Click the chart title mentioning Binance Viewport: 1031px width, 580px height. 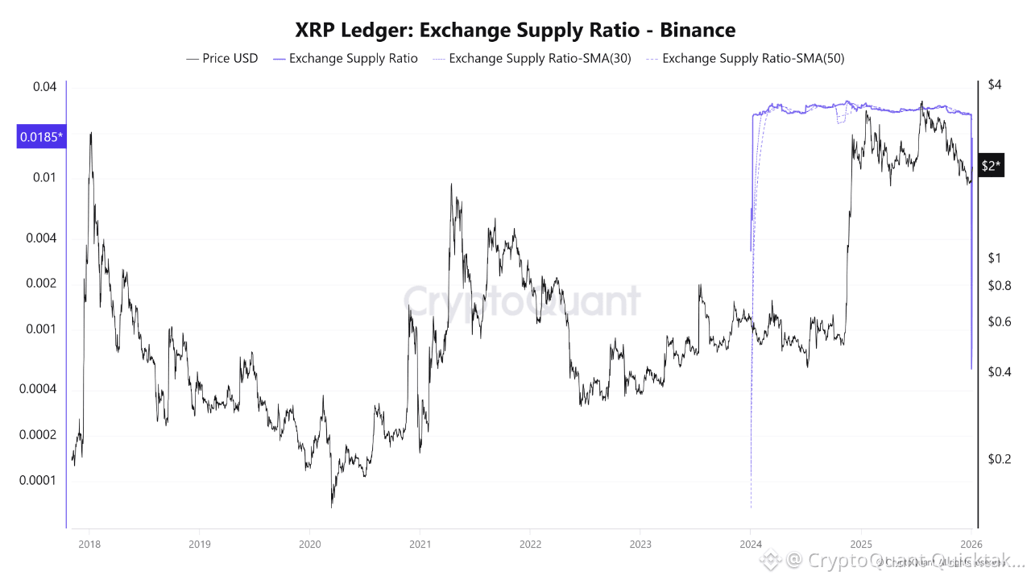coord(515,31)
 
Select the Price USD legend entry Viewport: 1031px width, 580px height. coord(222,58)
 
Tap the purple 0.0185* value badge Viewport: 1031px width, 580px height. coord(39,137)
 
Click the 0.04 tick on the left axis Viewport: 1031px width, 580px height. coord(46,87)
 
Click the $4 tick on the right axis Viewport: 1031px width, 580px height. coord(994,86)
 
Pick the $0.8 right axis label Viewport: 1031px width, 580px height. coord(999,285)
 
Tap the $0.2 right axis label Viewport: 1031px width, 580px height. coord(999,459)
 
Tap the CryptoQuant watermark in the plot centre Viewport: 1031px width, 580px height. coord(522,301)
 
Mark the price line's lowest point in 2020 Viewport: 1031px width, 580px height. coord(331,507)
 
